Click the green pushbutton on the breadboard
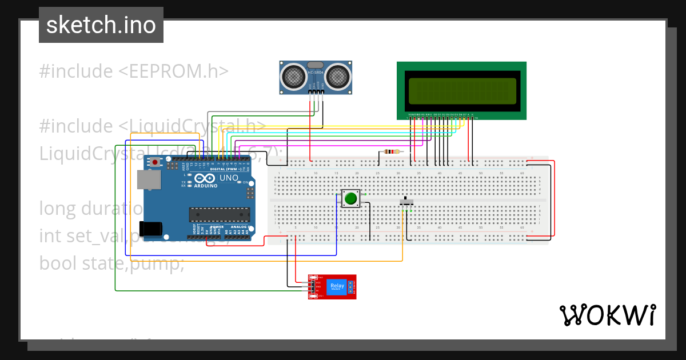[x=350, y=199]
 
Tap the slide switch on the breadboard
[x=406, y=202]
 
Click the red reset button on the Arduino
[x=155, y=162]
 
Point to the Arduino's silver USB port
[x=149, y=180]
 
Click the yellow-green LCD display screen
[x=462, y=90]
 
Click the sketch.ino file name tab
[x=101, y=25]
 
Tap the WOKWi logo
[x=607, y=315]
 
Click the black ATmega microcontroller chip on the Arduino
[x=220, y=214]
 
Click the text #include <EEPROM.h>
[x=134, y=71]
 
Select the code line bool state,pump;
[x=111, y=263]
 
